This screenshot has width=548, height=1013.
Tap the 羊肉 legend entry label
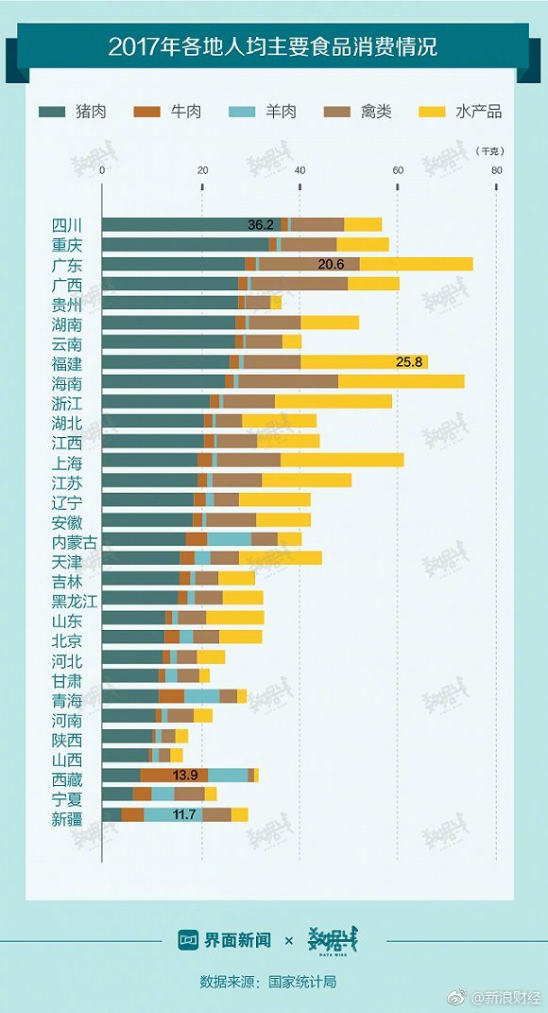(281, 111)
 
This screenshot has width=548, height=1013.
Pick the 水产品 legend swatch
(432, 111)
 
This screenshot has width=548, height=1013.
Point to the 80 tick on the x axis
(496, 170)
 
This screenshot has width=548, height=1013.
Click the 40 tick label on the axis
(300, 170)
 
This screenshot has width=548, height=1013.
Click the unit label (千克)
(489, 151)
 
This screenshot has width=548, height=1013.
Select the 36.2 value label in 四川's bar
(261, 225)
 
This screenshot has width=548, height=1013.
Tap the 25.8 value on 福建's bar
(409, 361)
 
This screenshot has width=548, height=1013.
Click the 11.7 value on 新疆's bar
(184, 814)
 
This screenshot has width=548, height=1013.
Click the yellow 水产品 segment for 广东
(417, 264)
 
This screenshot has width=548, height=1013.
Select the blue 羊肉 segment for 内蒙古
(230, 539)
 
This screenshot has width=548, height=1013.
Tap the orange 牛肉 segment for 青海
(172, 696)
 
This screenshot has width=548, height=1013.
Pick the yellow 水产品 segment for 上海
(342, 460)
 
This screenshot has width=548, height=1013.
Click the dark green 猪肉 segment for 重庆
(185, 244)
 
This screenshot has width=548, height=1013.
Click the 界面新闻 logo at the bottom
(225, 938)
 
